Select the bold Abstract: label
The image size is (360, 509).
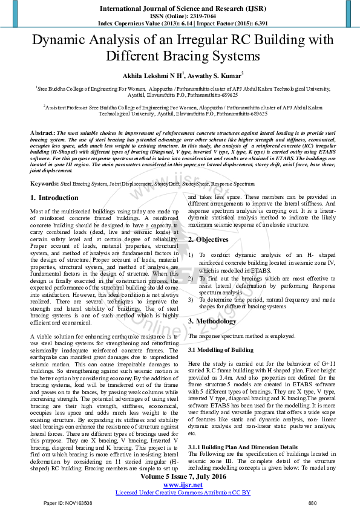[42, 132]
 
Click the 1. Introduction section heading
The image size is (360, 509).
[54, 181]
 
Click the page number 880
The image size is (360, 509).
[312, 503]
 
